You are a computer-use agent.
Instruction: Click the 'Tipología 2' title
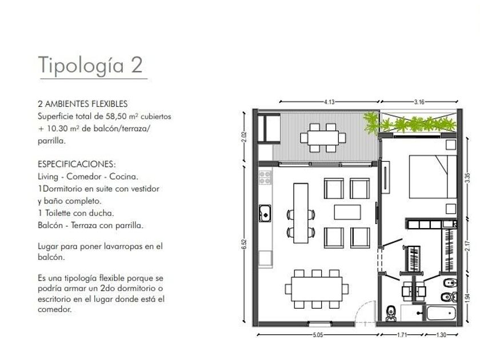[x=91, y=65]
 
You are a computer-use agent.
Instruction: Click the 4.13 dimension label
[x=329, y=102]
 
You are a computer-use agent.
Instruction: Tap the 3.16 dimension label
[x=419, y=102]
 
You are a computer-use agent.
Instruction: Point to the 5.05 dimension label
[x=318, y=335]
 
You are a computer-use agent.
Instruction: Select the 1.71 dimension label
[x=402, y=335]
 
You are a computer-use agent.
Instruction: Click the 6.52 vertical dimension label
[x=244, y=244]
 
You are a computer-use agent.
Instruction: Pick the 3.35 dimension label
[x=467, y=178]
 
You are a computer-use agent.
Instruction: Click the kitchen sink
[x=265, y=213]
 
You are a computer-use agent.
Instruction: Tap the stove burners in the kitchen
[x=265, y=178]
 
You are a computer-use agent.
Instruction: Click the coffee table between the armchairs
[x=347, y=212]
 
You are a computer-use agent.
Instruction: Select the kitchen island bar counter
[x=301, y=213]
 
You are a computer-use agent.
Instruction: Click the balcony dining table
[x=323, y=138]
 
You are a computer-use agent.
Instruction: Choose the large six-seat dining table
[x=317, y=289]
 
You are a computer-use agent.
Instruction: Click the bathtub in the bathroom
[x=441, y=313]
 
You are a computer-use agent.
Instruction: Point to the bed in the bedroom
[x=433, y=177]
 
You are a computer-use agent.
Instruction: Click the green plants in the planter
[x=410, y=122]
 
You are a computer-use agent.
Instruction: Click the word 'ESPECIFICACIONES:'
[x=77, y=164]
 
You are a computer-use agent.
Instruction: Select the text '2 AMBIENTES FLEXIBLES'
[x=83, y=104]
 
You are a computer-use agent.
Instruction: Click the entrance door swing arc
[x=366, y=307]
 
